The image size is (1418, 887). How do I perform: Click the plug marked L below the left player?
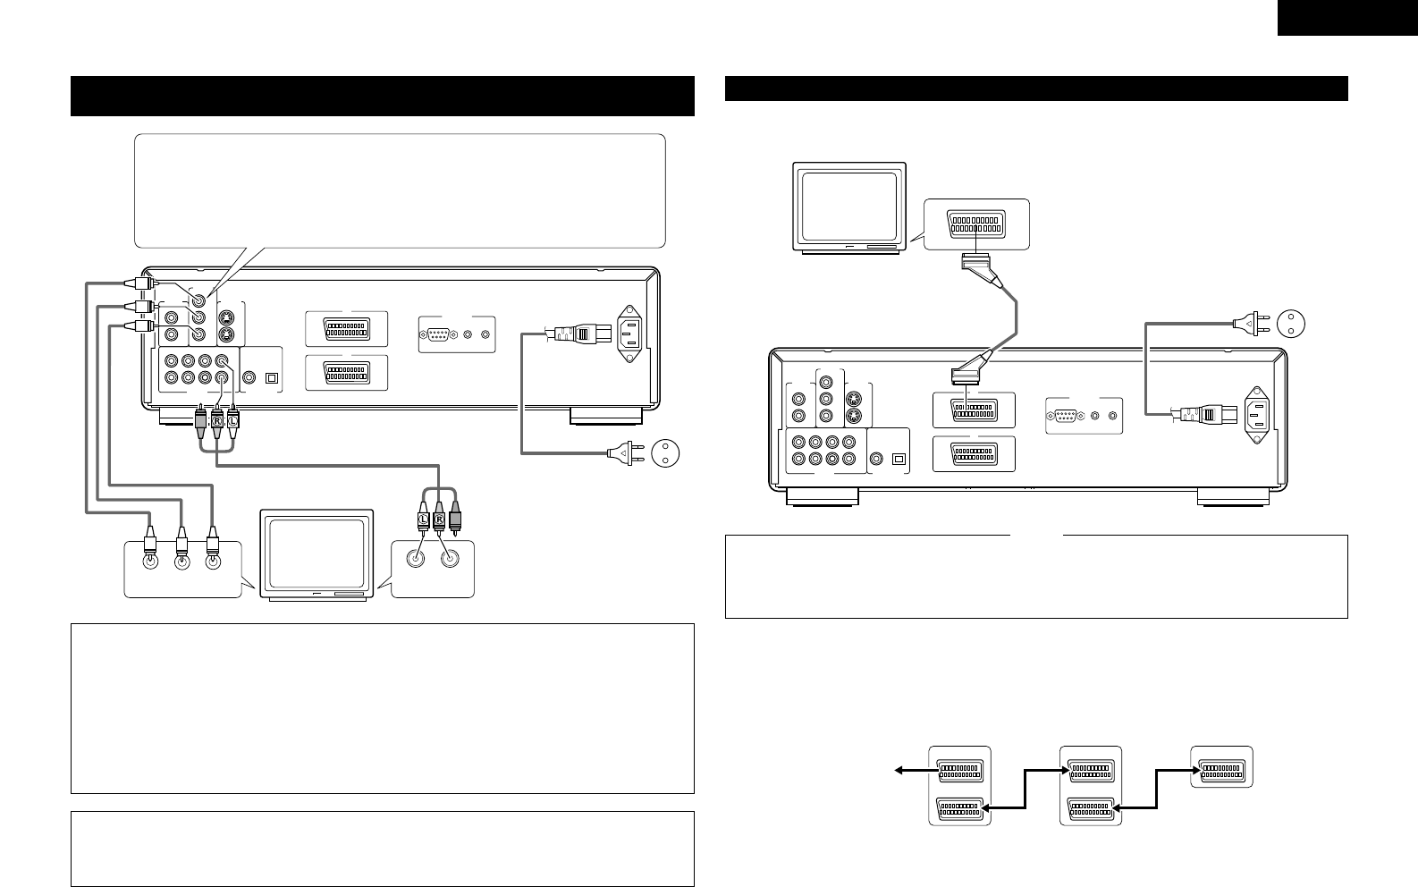pos(233,418)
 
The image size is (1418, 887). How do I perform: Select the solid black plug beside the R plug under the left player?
pos(200,418)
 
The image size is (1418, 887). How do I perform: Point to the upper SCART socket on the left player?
pos(346,329)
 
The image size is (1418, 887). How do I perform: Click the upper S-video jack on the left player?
pos(229,318)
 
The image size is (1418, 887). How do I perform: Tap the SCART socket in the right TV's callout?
pos(976,223)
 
